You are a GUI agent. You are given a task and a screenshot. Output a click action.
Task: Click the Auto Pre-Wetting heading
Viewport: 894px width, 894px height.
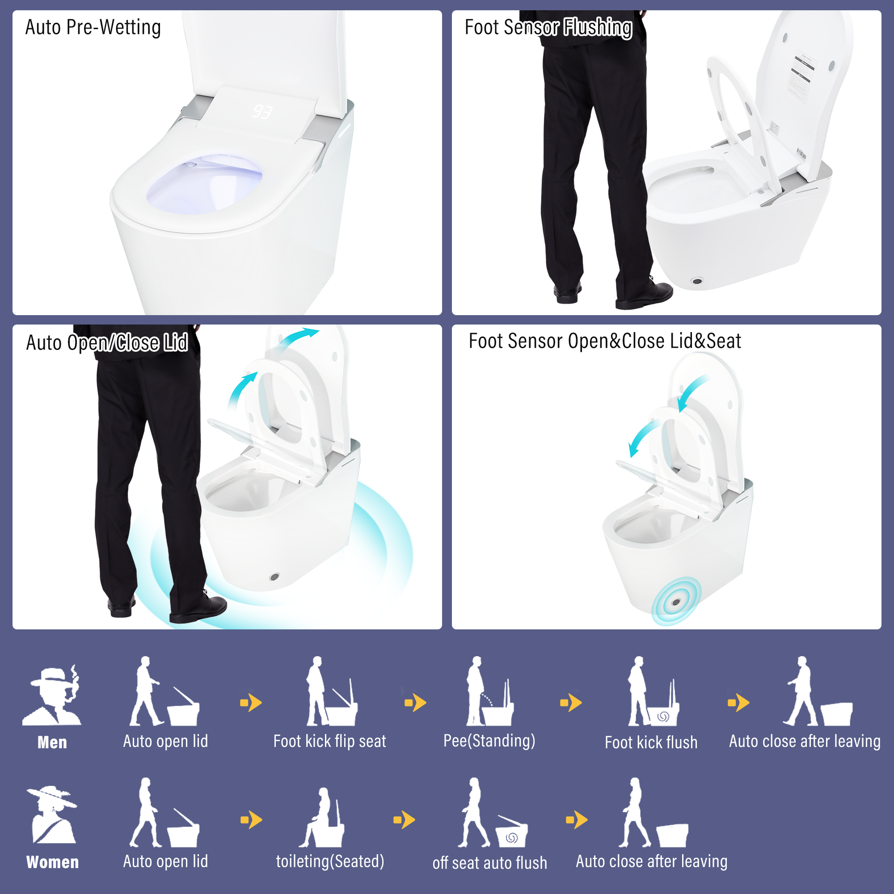coord(93,27)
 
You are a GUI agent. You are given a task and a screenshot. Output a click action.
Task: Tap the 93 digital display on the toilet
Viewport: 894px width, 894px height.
coord(262,111)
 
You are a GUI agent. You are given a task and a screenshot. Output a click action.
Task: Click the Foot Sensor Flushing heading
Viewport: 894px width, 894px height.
coord(548,27)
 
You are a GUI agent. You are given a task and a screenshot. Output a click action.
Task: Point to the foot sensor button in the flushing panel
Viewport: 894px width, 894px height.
coord(697,281)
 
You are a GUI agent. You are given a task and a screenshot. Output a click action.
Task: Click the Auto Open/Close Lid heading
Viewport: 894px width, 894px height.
coord(107,343)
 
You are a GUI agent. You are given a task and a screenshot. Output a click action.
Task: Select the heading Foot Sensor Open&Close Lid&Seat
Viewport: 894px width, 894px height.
coord(604,342)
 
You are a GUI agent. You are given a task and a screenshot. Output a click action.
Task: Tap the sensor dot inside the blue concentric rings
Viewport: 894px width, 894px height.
coord(676,602)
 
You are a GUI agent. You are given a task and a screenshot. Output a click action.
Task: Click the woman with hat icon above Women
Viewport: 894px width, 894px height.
coord(52,815)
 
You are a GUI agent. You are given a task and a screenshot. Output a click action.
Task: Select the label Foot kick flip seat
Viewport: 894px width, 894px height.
coord(329,741)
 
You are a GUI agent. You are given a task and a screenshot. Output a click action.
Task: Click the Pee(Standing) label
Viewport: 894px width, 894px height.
coord(489,741)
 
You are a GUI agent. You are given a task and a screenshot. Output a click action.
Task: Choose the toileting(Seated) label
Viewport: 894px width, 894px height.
coord(330,862)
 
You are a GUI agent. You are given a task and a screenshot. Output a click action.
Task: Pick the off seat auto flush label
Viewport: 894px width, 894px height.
coord(489,863)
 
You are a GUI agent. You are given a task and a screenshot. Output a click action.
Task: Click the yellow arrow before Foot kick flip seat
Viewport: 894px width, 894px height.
coord(251,703)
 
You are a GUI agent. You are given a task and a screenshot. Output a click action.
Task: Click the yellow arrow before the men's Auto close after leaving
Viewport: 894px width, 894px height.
coord(738,703)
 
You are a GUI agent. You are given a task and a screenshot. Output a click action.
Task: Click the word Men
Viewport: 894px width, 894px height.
coord(52,742)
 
